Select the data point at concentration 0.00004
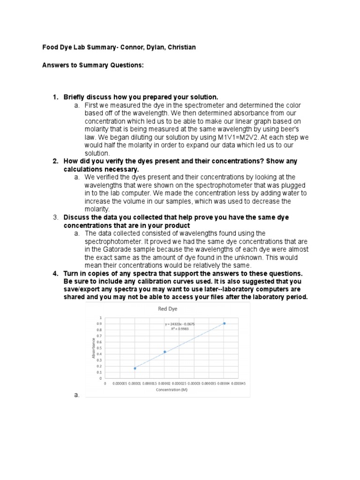click(224, 323)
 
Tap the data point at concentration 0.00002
click(165, 352)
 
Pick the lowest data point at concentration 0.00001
click(135, 368)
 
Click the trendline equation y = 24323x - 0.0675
click(180, 324)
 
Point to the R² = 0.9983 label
click(180, 329)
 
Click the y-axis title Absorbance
click(94, 349)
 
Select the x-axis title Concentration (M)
click(172, 390)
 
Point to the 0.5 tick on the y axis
click(98, 348)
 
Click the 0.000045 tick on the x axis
click(239, 383)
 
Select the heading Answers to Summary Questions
click(93, 65)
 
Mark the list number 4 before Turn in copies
click(55, 273)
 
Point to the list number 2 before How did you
click(55, 161)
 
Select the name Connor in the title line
click(112, 47)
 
